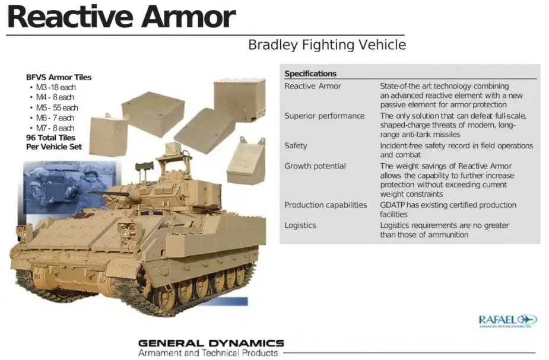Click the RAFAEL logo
tap(507, 320)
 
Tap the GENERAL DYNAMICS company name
tap(211, 343)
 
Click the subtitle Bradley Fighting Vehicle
tap(327, 45)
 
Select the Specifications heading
tap(310, 74)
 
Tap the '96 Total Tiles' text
tap(50, 138)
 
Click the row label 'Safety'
tap(296, 145)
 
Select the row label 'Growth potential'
tap(315, 166)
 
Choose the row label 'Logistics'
tap(300, 225)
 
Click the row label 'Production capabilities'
tap(326, 205)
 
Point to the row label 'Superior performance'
tap(324, 116)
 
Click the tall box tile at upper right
tap(240, 100)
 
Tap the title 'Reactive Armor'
tap(121, 17)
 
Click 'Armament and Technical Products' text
tap(208, 353)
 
